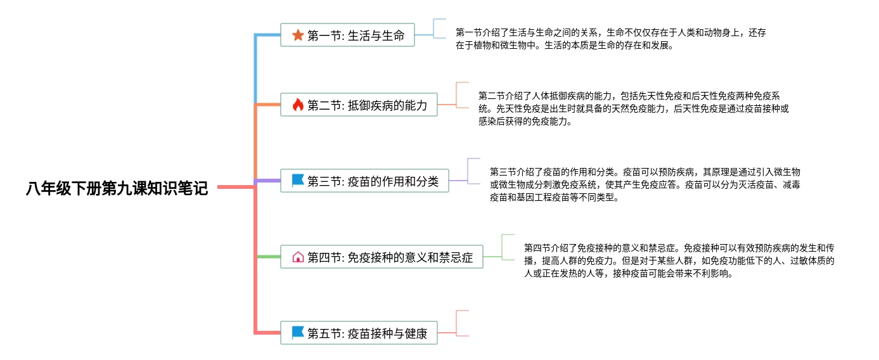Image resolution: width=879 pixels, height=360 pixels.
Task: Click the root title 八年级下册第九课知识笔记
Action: (x=117, y=188)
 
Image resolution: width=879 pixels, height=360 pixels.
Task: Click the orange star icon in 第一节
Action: (x=298, y=35)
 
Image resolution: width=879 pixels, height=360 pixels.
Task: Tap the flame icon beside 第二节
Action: (x=298, y=105)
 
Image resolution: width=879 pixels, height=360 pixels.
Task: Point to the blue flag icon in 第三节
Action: (x=298, y=181)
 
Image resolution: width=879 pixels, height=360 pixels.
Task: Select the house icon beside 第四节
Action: (x=298, y=257)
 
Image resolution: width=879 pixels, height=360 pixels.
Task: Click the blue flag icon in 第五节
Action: (x=298, y=333)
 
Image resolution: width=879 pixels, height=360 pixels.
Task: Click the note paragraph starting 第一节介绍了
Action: (x=610, y=39)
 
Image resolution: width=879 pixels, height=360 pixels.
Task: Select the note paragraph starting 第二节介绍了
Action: (x=633, y=108)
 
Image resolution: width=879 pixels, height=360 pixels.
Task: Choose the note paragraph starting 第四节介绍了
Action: (x=679, y=260)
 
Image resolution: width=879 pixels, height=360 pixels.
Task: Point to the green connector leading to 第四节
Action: (x=269, y=257)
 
